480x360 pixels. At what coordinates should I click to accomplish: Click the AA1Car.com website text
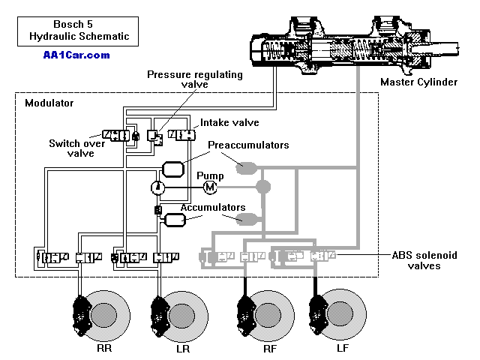pyautogui.click(x=76, y=55)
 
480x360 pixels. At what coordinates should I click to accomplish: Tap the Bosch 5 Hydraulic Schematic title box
pyautogui.click(x=78, y=31)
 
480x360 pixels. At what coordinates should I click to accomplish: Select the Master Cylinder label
pyautogui.click(x=418, y=82)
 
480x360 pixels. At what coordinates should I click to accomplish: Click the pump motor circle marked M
pyautogui.click(x=210, y=187)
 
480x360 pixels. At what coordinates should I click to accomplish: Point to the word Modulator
pyautogui.click(x=49, y=103)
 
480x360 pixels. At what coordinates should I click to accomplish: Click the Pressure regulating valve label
pyautogui.click(x=195, y=79)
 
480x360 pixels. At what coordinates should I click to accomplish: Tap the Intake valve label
pyautogui.click(x=229, y=123)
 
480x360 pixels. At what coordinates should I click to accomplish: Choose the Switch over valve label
pyautogui.click(x=77, y=148)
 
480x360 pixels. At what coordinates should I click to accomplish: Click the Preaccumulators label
pyautogui.click(x=248, y=145)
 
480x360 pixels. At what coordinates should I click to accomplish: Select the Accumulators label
pyautogui.click(x=213, y=207)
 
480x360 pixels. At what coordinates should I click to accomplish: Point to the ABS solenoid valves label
pyautogui.click(x=424, y=260)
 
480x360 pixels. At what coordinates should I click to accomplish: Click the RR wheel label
pyautogui.click(x=104, y=348)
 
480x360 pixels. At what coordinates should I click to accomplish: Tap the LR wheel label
pyautogui.click(x=183, y=349)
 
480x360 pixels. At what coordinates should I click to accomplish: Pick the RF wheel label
pyautogui.click(x=270, y=349)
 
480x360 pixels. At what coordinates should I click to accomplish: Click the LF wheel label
pyautogui.click(x=343, y=348)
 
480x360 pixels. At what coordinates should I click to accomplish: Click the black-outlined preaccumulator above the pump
pyautogui.click(x=173, y=169)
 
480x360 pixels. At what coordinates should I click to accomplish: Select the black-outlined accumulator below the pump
pyautogui.click(x=175, y=220)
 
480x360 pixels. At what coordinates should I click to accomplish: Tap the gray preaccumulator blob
pyautogui.click(x=246, y=168)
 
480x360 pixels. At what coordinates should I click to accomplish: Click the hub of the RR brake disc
pyautogui.click(x=104, y=315)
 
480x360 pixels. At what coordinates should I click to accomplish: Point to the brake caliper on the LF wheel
pyautogui.click(x=318, y=315)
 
